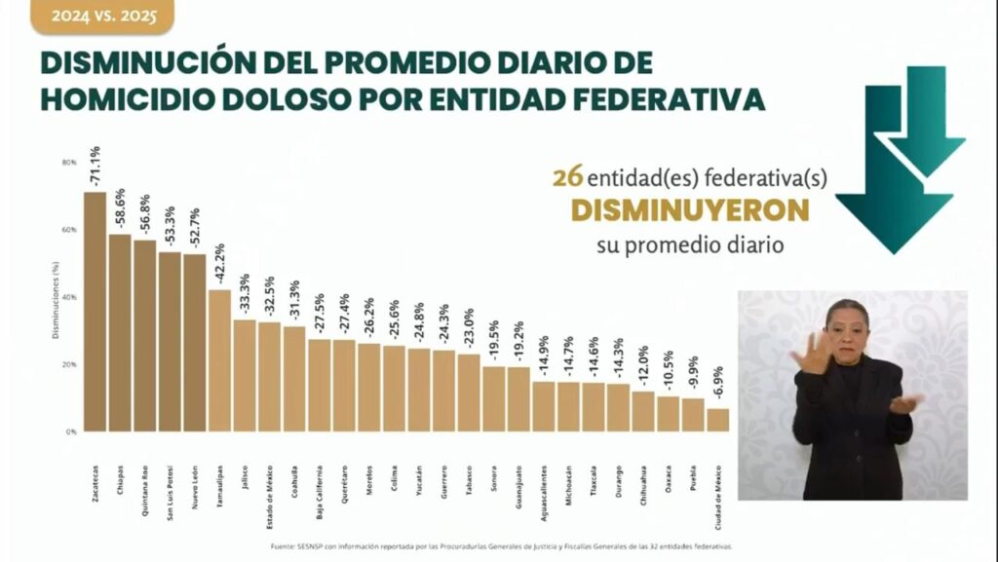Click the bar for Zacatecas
tap(95, 312)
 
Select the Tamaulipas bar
tap(219, 360)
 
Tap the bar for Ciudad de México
tap(717, 420)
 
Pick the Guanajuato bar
tap(518, 399)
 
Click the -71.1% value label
tap(95, 167)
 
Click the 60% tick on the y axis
tap(68, 230)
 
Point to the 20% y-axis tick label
tap(68, 364)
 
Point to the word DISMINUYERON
tap(689, 211)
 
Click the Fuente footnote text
tap(502, 546)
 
